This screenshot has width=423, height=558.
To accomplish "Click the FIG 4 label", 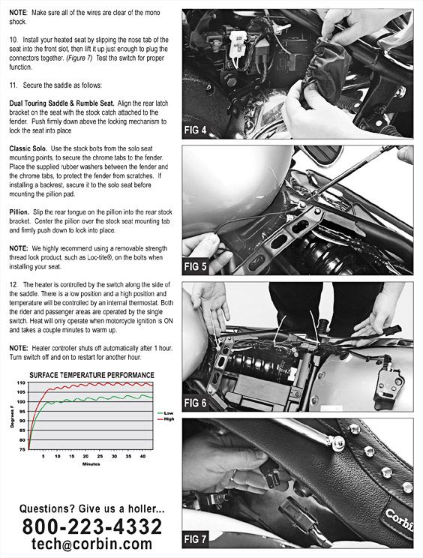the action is point(195,130).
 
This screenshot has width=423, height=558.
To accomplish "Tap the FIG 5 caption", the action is point(195,266).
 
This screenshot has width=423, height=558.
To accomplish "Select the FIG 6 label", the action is point(195,403).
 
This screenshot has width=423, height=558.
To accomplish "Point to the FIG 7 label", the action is point(195,539).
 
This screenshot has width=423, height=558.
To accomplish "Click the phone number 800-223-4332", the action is point(91,526).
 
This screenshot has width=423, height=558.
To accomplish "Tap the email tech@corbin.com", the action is point(91,544).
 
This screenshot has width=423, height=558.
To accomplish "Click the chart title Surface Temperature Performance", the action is point(91,375).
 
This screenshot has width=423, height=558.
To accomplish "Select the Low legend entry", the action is point(166,413).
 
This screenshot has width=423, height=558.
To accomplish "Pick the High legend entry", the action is point(166,419).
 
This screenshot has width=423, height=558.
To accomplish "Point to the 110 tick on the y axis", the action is point(21,383).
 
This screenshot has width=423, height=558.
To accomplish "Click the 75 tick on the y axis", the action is point(22,449).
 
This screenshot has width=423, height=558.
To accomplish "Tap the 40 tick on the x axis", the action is point(142,456).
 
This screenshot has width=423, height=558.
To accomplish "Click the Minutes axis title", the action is point(91,464).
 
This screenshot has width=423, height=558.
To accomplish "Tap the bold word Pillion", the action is point(19,212).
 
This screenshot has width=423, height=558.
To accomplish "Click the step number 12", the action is point(13,285).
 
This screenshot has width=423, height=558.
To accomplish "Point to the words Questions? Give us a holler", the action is point(91,509).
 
